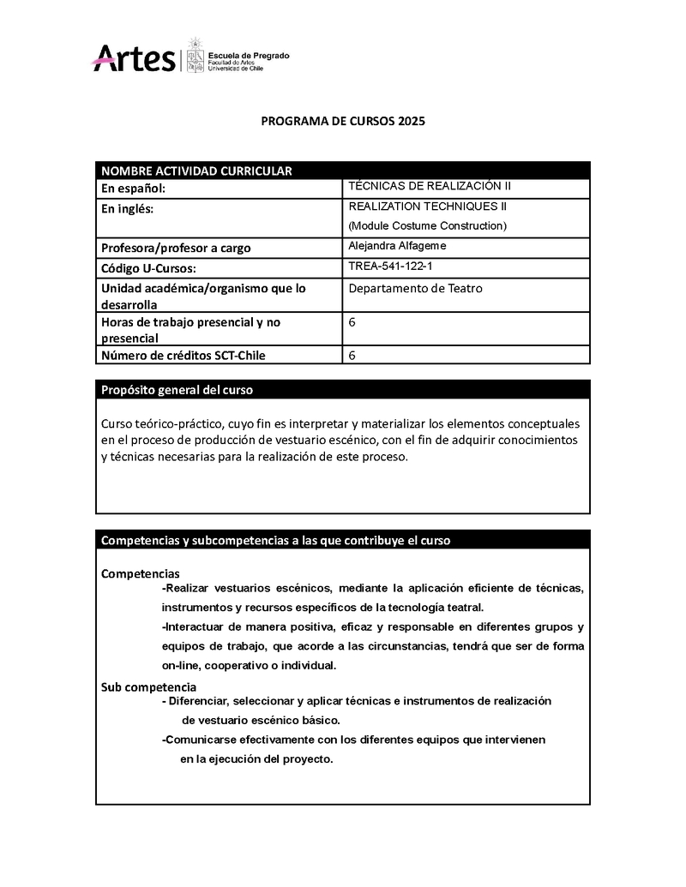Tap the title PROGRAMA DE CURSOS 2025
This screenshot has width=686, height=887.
(343, 122)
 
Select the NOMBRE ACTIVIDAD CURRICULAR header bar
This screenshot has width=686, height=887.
(343, 170)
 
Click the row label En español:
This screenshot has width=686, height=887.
(133, 189)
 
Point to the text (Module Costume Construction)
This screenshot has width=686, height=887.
(428, 226)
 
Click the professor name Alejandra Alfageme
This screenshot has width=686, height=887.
(398, 246)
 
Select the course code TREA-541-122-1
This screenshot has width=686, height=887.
(391, 266)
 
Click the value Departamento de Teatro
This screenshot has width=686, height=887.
(416, 288)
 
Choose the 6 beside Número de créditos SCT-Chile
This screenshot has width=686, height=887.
(352, 355)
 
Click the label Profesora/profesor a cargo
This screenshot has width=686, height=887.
(176, 249)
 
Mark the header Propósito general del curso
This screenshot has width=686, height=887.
(178, 390)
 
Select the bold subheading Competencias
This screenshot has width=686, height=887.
(141, 572)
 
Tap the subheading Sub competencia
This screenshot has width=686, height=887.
(149, 687)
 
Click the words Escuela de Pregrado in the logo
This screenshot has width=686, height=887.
(250, 56)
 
